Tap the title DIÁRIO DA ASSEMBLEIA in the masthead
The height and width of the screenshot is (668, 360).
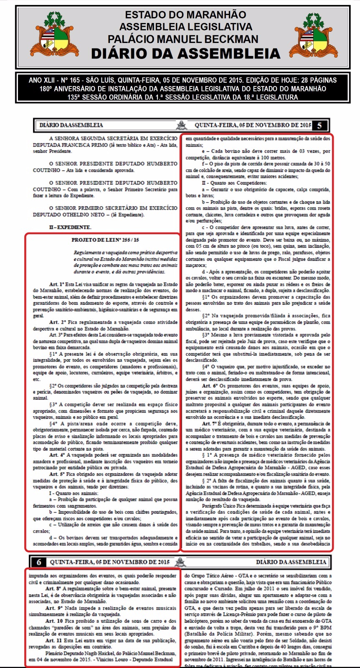click(185, 54)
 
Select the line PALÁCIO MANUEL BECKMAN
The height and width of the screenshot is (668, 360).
click(183, 39)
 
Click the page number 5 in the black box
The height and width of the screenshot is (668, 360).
click(319, 125)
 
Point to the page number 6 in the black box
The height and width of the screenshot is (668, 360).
click(39, 562)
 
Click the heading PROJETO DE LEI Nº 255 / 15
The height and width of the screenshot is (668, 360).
click(105, 240)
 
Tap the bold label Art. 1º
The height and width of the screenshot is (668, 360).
click(56, 284)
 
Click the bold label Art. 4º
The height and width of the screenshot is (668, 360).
click(56, 455)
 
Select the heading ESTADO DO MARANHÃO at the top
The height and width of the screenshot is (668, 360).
click(185, 15)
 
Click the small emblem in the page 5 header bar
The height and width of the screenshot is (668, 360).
click(182, 125)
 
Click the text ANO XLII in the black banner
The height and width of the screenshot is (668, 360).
click(41, 80)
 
